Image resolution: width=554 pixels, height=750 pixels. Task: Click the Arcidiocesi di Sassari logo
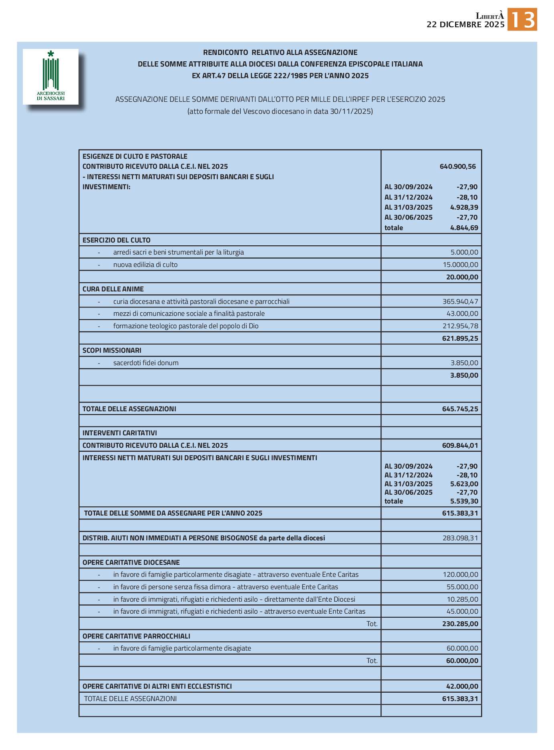50,77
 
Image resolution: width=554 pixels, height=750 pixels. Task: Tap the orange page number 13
522,20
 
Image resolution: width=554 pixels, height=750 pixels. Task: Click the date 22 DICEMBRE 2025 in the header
465,24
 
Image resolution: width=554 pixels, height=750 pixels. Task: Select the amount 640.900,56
457,166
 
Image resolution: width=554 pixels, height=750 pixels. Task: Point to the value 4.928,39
464,207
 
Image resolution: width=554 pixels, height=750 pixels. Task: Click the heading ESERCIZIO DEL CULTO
116,240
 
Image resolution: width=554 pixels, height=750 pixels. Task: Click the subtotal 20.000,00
462,277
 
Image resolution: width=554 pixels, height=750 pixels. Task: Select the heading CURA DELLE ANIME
113,289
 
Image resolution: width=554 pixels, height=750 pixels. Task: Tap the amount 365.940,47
460,301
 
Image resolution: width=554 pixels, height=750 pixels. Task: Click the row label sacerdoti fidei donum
146,363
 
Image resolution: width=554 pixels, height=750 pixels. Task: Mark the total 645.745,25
460,409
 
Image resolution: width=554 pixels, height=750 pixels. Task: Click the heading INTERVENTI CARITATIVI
119,433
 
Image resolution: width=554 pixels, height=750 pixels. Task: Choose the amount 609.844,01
460,445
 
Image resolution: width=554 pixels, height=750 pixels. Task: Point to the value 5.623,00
464,484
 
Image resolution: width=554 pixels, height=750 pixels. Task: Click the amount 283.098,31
460,538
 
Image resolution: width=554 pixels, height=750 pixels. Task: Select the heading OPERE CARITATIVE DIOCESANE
131,562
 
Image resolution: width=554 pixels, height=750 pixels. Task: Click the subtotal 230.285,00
460,624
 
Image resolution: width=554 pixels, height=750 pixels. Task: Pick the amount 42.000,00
462,686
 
